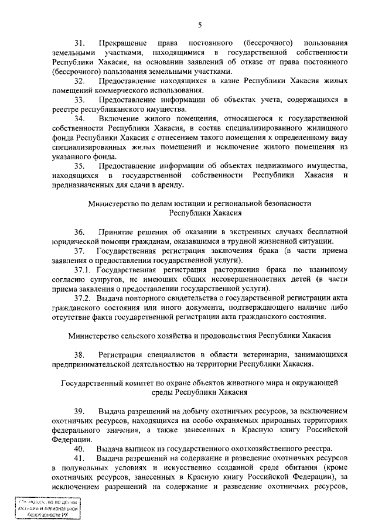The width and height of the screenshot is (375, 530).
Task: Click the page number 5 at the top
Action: (199, 24)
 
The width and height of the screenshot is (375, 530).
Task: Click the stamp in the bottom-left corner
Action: (48, 508)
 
